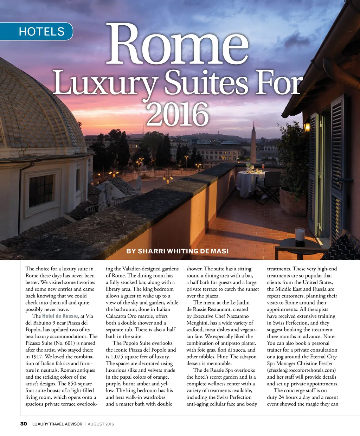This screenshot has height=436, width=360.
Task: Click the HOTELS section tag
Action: (41, 32)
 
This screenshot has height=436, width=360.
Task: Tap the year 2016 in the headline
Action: (177, 115)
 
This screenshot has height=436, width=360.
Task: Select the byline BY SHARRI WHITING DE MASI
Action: (177, 251)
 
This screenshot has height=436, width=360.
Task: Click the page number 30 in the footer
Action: (24, 424)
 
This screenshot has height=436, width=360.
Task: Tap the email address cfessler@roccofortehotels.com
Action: (301, 370)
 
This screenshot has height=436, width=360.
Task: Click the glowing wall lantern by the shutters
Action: (307, 126)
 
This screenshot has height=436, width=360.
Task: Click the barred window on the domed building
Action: (41, 190)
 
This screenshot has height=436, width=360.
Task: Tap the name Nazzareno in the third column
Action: (236, 316)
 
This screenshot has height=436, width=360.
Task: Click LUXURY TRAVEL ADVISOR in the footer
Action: (57, 424)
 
